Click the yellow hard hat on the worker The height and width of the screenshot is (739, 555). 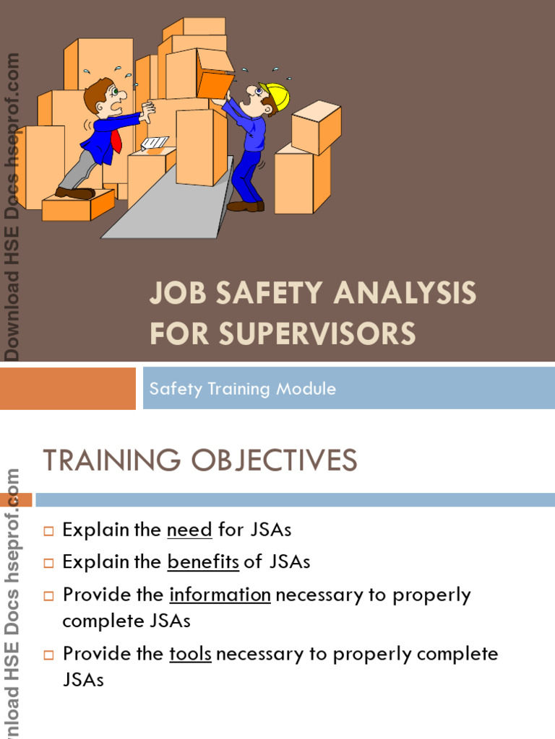click(x=276, y=95)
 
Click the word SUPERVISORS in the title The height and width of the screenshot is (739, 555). click(x=318, y=333)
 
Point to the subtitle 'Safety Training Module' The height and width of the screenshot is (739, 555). click(x=242, y=389)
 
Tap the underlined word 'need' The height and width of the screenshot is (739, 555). click(x=189, y=530)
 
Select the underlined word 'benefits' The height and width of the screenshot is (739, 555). click(x=203, y=562)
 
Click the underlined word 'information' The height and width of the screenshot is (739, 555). click(x=220, y=595)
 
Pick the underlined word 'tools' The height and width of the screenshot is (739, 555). click(x=190, y=654)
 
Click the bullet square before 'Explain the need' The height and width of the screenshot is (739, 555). click(x=49, y=531)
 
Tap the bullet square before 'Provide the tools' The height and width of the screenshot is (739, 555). click(x=49, y=655)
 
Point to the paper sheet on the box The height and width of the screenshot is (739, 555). click(x=155, y=143)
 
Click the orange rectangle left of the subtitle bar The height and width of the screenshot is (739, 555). click(x=68, y=388)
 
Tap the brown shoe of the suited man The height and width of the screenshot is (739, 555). click(x=74, y=193)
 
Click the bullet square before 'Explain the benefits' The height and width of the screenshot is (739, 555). click(x=49, y=563)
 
